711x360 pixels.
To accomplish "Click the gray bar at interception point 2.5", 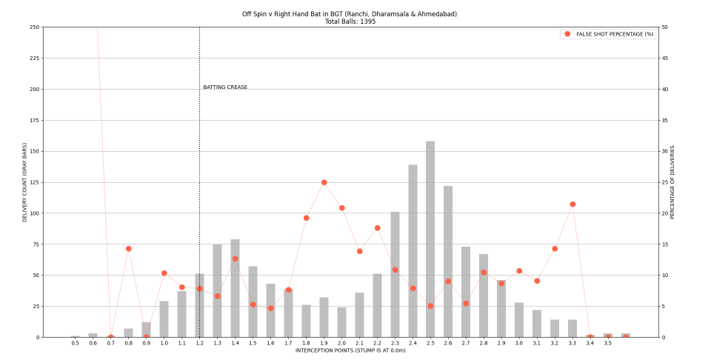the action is (430, 239).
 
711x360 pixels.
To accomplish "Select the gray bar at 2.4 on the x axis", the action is (413, 251).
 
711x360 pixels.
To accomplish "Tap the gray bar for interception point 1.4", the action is (235, 288).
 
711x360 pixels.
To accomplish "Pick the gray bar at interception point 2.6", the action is (448, 261).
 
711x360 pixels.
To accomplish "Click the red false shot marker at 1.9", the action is (324, 182).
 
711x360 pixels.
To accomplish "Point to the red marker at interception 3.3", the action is (573, 204).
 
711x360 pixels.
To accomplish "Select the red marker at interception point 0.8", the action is (128, 248).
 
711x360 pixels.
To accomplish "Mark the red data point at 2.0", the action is (341, 208).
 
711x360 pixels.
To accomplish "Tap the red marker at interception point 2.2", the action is (377, 228).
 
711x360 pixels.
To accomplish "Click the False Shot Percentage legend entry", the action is (607, 34).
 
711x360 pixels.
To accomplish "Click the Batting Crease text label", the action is (225, 87).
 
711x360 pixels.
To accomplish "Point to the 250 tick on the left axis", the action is (35, 27).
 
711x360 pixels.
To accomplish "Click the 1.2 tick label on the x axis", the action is (199, 343).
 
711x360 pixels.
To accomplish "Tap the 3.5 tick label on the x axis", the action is (607, 343).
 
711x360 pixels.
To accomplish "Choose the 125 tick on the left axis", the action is (35, 182).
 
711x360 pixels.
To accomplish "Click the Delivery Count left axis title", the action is (24, 182).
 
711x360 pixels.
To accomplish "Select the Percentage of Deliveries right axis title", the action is (672, 182).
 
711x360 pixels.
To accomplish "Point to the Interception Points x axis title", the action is (350, 350).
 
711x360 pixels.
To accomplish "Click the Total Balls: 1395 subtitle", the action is (350, 21).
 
